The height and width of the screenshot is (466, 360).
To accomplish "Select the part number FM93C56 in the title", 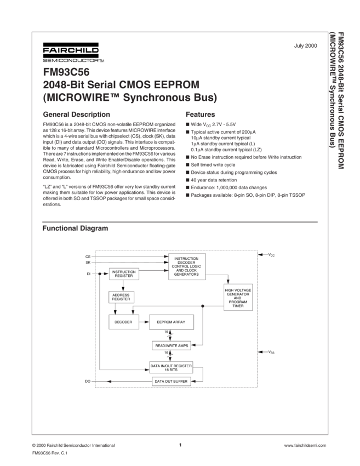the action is (x=62, y=72).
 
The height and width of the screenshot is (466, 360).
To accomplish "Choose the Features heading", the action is (x=200, y=115).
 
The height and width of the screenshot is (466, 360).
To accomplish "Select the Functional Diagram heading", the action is (x=75, y=228).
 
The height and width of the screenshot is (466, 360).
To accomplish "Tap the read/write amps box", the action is (x=171, y=345).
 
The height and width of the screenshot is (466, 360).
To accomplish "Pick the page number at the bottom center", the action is (x=180, y=445).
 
